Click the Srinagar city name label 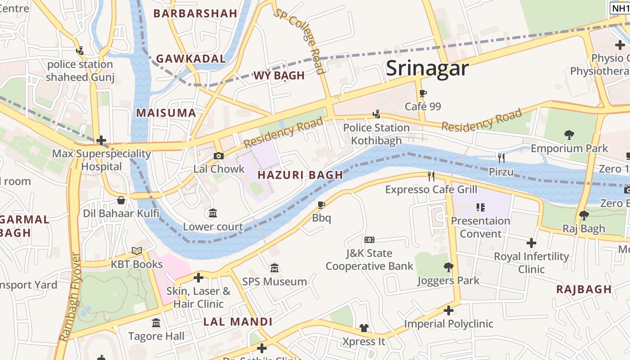point(427,68)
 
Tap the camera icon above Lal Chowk point(219,156)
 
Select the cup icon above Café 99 point(423,94)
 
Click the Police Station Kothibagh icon point(376,114)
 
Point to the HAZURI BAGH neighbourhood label point(300,175)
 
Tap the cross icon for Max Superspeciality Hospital point(101,140)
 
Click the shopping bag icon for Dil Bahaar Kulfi point(121,200)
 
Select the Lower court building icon point(213,213)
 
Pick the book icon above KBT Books point(137,251)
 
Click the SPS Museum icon point(274,268)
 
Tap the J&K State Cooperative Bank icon point(369,240)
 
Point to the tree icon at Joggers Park point(448,267)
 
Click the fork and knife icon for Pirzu point(501,158)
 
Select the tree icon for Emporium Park point(569,135)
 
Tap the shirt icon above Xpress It point(364,328)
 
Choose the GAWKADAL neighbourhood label point(191,59)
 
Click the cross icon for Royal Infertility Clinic point(531,243)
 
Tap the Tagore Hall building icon point(156,323)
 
